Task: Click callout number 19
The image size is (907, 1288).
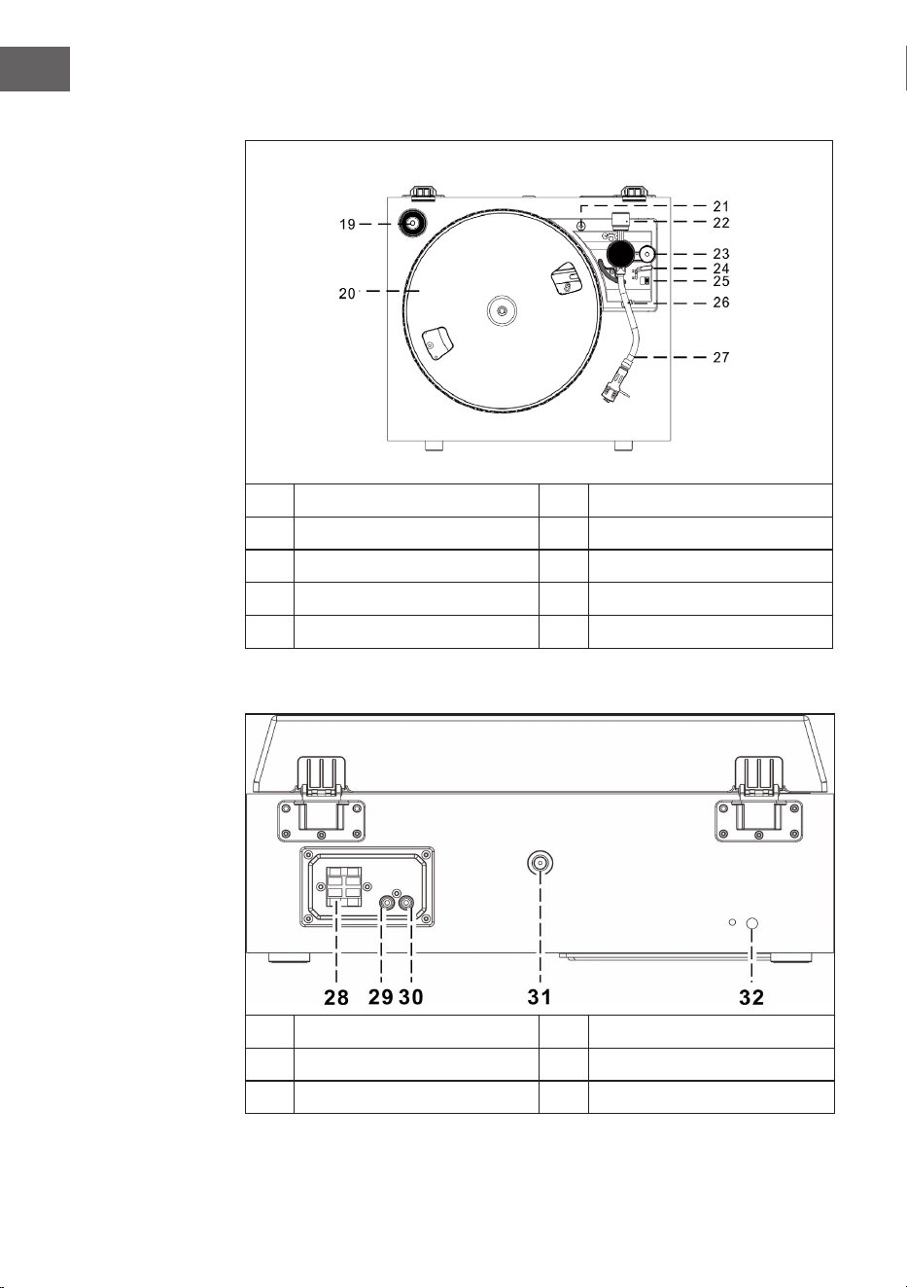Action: (347, 225)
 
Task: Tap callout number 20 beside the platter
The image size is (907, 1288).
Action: (347, 293)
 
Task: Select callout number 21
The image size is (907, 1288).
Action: (720, 206)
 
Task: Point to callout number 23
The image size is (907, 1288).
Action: (720, 254)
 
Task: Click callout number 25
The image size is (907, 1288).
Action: (720, 281)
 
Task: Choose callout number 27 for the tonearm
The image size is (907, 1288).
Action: (720, 357)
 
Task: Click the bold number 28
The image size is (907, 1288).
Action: (336, 997)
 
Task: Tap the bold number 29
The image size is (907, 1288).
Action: (380, 996)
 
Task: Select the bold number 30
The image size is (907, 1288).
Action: (410, 996)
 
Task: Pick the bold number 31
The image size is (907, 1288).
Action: (540, 996)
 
